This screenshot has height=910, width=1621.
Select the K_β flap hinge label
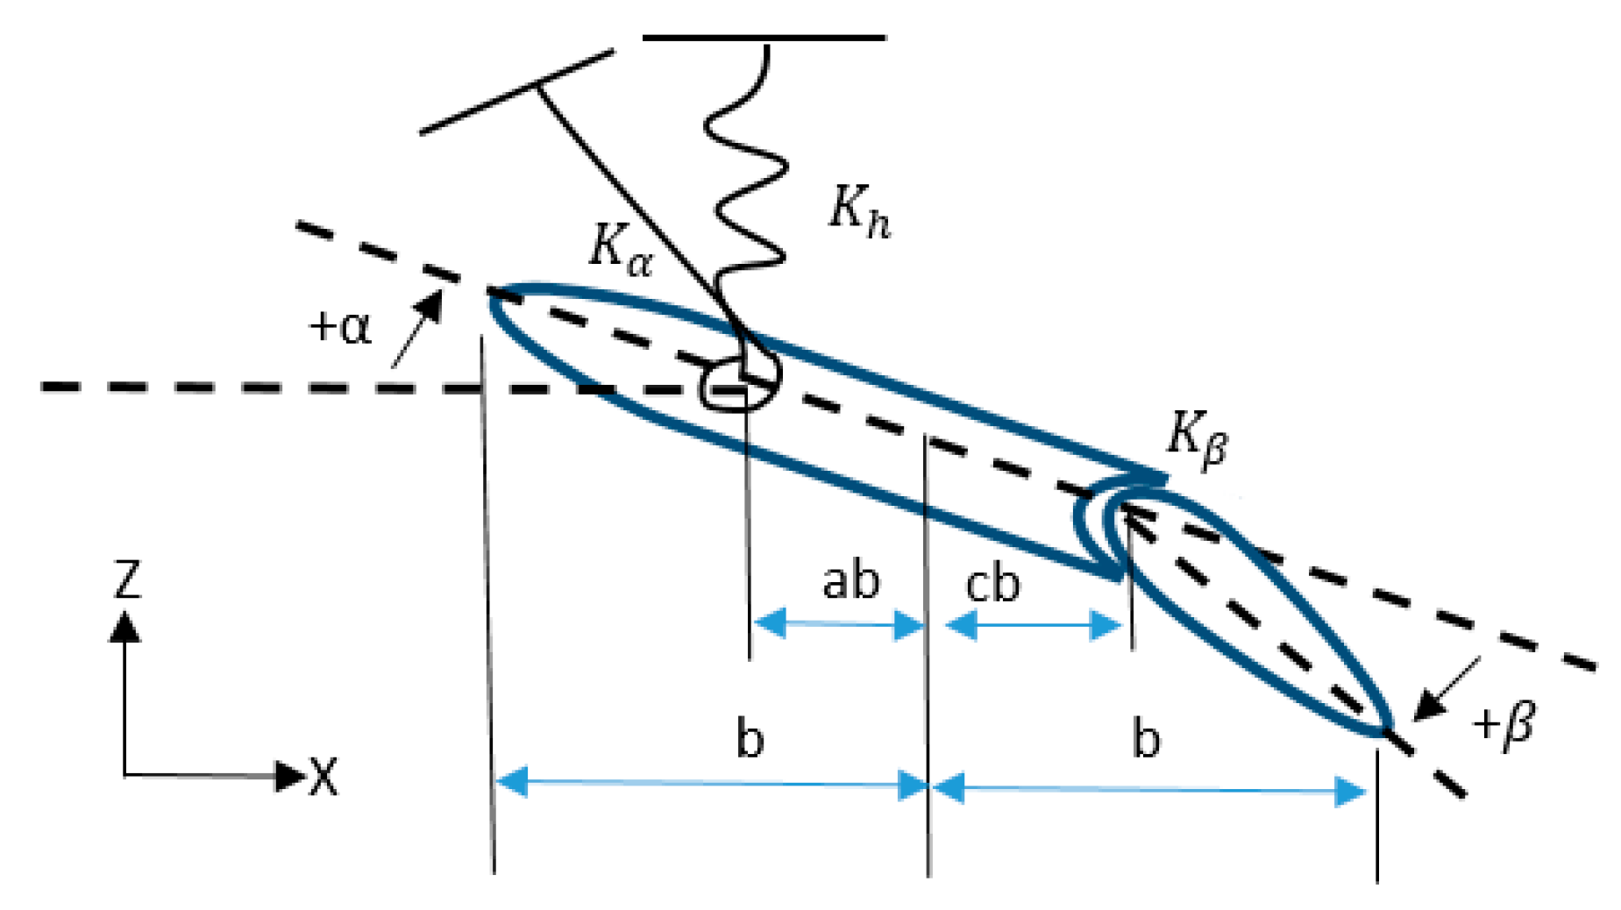click(1197, 438)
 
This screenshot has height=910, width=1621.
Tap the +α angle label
click(340, 327)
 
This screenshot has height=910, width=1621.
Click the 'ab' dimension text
click(850, 581)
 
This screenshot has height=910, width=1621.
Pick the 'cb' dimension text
click(992, 584)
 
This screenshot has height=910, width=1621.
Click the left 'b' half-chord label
click(750, 738)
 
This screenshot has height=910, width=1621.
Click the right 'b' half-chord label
click(1146, 738)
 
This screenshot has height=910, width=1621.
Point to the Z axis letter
click(127, 579)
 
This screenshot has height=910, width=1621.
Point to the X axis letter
click(323, 777)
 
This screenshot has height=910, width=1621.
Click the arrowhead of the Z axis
click(124, 626)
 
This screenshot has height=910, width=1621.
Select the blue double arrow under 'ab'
click(838, 624)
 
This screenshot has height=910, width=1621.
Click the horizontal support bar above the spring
click(764, 39)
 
